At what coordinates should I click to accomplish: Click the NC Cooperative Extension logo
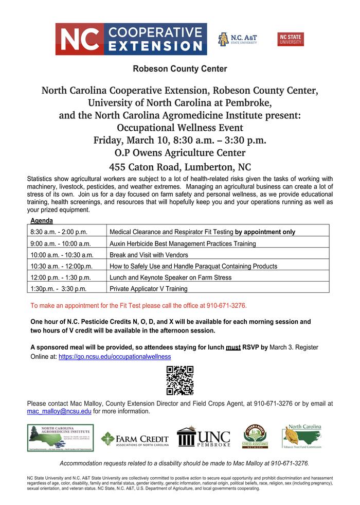coord(131,39)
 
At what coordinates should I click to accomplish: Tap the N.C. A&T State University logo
coord(237,39)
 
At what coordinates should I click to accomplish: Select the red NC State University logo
coord(291,39)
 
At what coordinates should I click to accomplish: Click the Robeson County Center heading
coord(179,68)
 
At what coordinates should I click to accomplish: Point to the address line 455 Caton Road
coord(179,167)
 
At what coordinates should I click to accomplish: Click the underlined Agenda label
coord(42,220)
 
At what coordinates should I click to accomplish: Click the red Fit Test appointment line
coord(139,306)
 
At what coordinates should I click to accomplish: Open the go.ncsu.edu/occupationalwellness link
coord(115,356)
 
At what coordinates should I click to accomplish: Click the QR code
coord(180,380)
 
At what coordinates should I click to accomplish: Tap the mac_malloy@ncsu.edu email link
coord(59,411)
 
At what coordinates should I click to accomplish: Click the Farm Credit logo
coord(135,439)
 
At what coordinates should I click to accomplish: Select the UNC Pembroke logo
coord(203,437)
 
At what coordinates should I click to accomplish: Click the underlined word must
coord(233,347)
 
